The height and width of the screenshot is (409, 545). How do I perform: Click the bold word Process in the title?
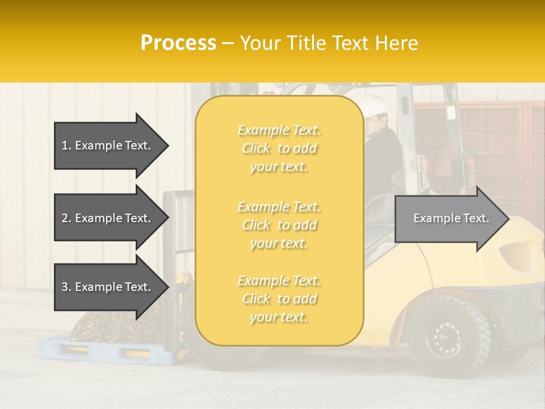178,43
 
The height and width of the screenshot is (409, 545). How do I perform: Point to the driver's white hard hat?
375,105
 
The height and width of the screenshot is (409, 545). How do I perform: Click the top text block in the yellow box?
279,148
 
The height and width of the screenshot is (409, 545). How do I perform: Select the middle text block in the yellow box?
279,225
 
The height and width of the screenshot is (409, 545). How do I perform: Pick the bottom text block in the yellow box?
279,299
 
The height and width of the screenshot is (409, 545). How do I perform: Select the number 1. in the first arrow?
66,145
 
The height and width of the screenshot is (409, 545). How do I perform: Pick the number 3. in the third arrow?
66,287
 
